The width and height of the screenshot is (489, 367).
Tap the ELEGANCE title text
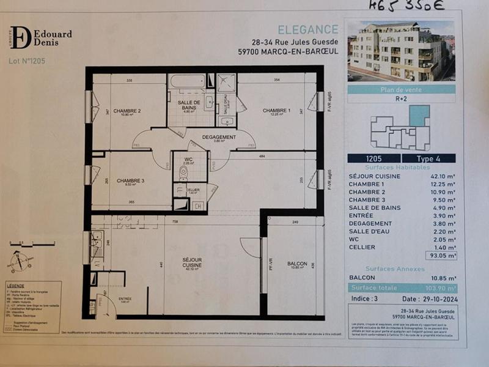[x=307, y=29]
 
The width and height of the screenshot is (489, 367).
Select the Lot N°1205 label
[x=27, y=61]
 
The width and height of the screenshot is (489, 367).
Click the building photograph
[x=401, y=51]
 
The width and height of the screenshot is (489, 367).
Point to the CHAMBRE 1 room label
[x=276, y=111]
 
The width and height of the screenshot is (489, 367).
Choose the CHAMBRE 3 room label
[x=130, y=180]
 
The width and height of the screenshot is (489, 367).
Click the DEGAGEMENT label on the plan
[x=219, y=137]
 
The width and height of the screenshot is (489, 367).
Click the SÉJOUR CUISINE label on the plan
[x=192, y=264]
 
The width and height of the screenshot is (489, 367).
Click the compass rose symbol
[x=21, y=261]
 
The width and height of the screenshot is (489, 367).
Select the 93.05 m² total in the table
[x=439, y=256]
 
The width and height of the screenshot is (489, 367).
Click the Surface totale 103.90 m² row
[x=401, y=287]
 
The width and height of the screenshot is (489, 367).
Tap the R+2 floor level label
[x=402, y=98]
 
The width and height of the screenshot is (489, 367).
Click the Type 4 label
[x=429, y=158]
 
